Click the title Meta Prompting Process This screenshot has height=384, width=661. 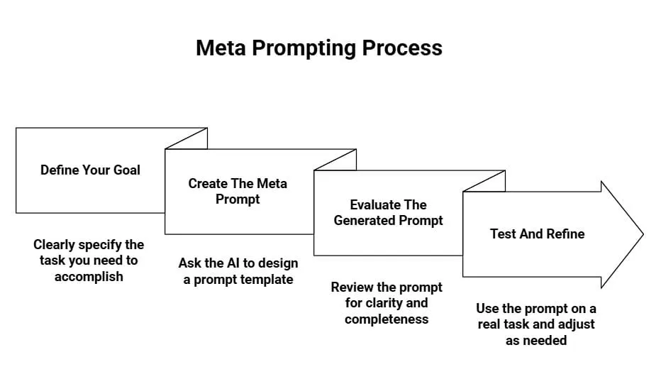click(x=318, y=48)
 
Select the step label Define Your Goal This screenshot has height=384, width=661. click(x=90, y=170)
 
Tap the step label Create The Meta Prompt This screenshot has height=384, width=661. click(x=238, y=192)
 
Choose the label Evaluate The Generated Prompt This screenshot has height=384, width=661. click(x=388, y=213)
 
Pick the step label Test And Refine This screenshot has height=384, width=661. click(x=537, y=234)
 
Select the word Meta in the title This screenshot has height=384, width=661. click(x=221, y=48)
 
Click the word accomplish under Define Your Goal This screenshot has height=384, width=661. click(x=89, y=277)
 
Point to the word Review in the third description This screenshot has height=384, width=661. click(x=355, y=287)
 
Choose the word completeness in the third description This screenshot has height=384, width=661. click(x=387, y=319)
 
